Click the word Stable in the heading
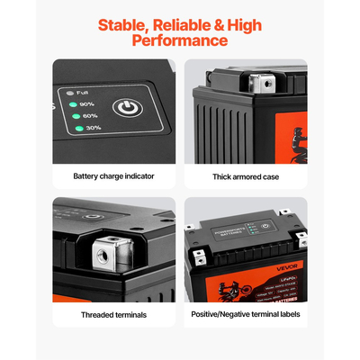121,25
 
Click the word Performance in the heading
180,40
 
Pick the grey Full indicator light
68,91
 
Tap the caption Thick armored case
245,177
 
